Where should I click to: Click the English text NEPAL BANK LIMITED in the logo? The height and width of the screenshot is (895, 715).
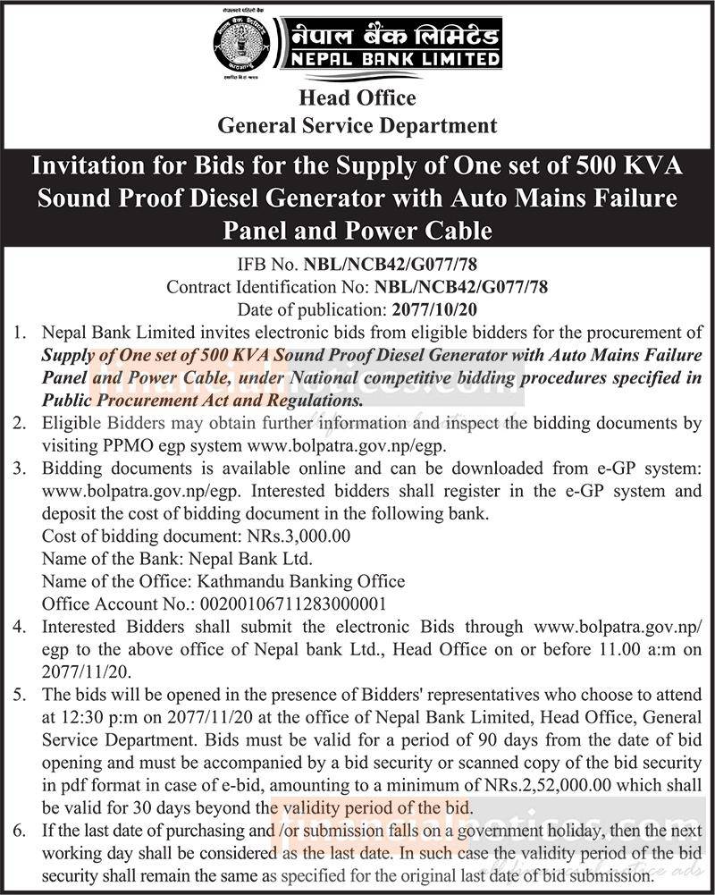pyautogui.click(x=391, y=59)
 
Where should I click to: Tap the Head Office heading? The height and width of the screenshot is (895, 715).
pyautogui.click(x=357, y=97)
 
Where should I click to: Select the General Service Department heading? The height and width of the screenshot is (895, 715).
pyautogui.click(x=357, y=125)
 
